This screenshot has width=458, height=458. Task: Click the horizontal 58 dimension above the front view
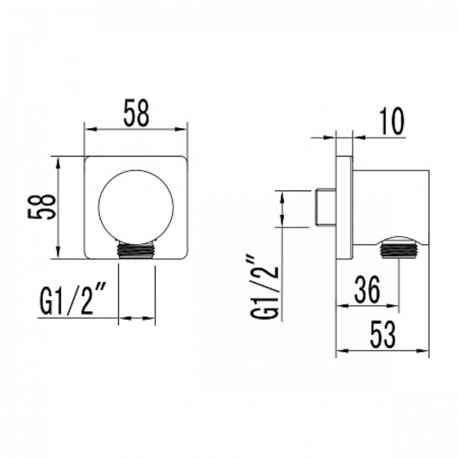tap(136, 114)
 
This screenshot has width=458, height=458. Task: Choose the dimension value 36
tap(366, 290)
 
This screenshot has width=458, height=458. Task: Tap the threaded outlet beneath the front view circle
tap(137, 249)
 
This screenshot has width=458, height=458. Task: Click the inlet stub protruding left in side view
tap(326, 207)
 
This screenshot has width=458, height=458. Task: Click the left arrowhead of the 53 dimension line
tap(341, 353)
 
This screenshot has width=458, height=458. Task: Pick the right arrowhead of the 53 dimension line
tap(431, 353)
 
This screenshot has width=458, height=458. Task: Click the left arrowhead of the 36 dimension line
tap(341, 307)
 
